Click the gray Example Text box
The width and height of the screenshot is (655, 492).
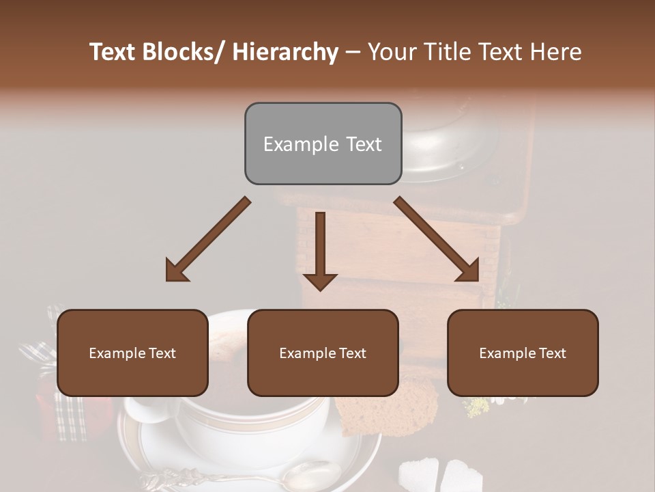coord(323,143)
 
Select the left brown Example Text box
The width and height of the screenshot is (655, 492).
coord(132,353)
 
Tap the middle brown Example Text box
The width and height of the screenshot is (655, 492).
coord(323,353)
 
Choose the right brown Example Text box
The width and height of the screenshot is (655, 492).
coord(523,353)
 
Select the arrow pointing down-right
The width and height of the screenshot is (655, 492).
coord(437,240)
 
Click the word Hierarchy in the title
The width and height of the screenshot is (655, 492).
coord(285,52)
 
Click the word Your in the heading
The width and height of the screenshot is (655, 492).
coord(392,52)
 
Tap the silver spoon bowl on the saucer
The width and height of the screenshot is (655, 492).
coord(316,472)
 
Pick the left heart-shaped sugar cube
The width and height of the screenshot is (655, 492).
coord(417,472)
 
